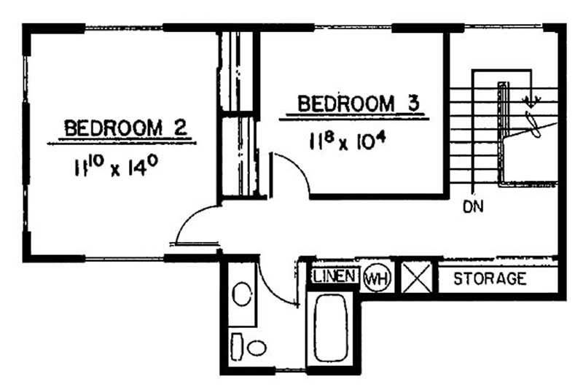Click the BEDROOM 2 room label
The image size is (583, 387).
(x=125, y=128)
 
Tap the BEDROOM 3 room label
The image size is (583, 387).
(x=359, y=103)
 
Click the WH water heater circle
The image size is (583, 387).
(x=377, y=278)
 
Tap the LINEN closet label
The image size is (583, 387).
(x=334, y=275)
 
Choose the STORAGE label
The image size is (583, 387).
(x=490, y=278)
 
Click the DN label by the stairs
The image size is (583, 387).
(x=473, y=207)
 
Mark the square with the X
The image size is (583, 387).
(x=417, y=277)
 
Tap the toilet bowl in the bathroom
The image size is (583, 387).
(x=257, y=348)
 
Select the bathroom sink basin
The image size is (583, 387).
(x=242, y=294)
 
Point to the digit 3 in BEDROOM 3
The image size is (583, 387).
(x=412, y=103)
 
